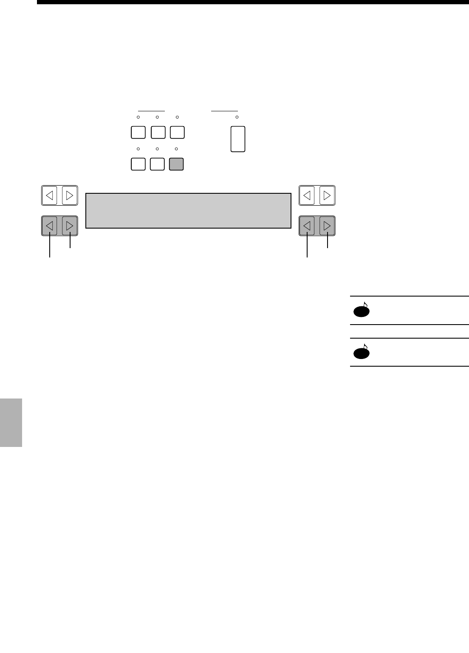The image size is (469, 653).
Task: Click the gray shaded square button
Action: click(176, 164)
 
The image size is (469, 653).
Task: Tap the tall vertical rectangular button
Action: click(238, 139)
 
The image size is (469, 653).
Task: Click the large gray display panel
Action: click(188, 211)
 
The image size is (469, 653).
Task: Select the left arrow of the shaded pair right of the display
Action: click(307, 226)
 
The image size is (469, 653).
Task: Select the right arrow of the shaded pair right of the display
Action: click(327, 226)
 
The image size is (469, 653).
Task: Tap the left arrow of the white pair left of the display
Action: click(50, 195)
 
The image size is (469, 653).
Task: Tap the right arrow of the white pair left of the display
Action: click(70, 195)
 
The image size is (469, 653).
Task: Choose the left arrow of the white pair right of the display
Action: click(307, 195)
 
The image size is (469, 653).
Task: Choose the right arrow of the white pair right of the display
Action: click(327, 195)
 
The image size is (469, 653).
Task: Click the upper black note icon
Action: click(361, 311)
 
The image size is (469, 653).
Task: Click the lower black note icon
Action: click(361, 352)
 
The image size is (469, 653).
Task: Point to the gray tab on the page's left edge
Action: click(11, 422)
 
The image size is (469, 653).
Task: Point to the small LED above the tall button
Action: click(237, 117)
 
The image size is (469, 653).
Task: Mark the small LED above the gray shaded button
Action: click(176, 149)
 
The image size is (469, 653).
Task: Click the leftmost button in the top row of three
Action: click(138, 133)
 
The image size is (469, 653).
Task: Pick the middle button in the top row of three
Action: click(158, 133)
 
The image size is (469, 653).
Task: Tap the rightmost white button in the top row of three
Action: click(177, 133)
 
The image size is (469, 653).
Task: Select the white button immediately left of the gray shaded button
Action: click(157, 164)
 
